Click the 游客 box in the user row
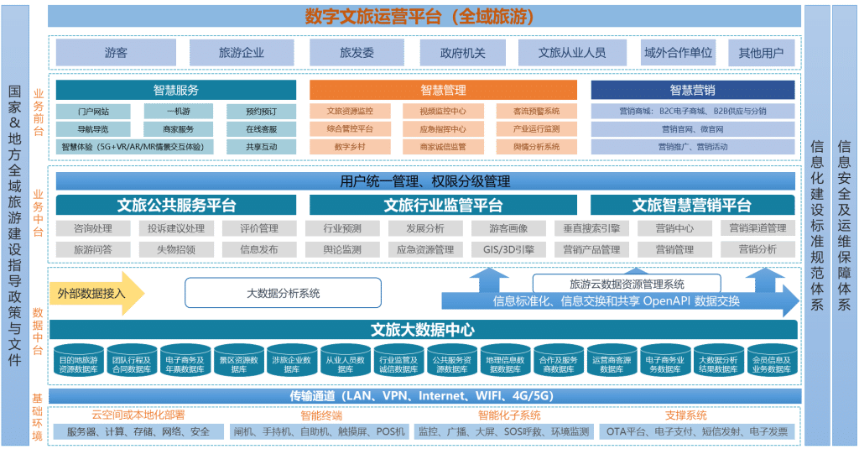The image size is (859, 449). (x=116, y=53)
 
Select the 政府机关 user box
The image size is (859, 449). (x=462, y=53)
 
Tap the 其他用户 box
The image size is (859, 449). (x=761, y=53)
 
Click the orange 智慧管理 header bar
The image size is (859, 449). (x=443, y=90)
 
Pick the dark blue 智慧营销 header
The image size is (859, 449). (x=692, y=90)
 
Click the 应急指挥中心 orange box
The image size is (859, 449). (x=443, y=128)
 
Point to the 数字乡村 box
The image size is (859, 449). (x=348, y=147)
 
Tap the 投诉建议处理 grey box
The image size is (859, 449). (x=175, y=228)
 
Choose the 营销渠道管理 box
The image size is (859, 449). (x=757, y=228)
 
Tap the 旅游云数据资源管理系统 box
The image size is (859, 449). (x=626, y=284)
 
